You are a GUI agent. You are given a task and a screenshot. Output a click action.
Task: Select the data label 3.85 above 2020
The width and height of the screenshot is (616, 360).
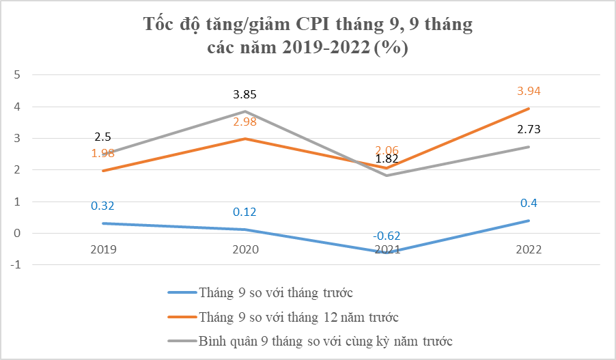point(245,95)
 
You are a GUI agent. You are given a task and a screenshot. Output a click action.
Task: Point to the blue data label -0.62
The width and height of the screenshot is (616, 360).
point(387,236)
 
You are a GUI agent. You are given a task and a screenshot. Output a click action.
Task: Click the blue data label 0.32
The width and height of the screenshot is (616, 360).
point(103,206)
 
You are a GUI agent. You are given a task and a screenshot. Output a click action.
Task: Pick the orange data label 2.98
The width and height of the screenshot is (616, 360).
point(245,122)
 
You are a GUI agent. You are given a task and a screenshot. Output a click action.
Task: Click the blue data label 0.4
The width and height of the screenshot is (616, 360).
point(529,203)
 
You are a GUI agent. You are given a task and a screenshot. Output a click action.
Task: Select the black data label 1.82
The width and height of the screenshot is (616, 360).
point(387,159)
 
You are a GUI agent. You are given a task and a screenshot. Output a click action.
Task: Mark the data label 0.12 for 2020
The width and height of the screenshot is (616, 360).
point(245,212)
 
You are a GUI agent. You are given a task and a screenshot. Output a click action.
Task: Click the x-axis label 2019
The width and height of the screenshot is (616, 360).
point(103,250)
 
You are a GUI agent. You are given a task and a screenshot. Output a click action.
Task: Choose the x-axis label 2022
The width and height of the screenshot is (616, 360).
point(529,250)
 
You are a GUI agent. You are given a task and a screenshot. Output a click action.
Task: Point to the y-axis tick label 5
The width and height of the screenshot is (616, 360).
point(18,75)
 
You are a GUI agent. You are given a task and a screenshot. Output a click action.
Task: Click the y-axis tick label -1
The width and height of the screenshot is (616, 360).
point(16,265)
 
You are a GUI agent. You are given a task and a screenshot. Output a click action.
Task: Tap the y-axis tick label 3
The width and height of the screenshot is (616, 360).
point(18,139)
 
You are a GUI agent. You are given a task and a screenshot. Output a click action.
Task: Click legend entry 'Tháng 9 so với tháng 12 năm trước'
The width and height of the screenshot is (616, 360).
point(298,317)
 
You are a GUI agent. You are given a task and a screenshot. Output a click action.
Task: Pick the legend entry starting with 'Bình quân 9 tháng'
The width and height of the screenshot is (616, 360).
point(325,340)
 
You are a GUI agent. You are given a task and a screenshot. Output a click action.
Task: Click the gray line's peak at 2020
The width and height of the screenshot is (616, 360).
point(245,111)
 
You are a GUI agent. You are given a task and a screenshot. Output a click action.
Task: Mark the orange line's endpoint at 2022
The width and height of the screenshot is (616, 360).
point(529,109)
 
